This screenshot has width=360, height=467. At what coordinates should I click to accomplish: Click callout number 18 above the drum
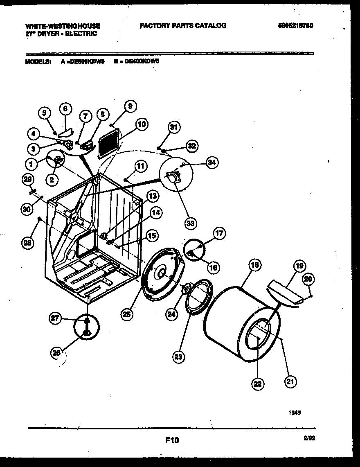(254, 265)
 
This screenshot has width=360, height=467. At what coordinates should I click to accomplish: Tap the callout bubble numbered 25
(127, 314)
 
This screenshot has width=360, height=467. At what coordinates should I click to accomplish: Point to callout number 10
(142, 124)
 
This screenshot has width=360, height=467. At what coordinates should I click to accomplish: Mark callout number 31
(174, 128)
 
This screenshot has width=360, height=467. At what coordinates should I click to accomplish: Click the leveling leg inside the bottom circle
(87, 327)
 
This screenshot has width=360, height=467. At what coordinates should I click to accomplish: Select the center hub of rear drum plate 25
(160, 272)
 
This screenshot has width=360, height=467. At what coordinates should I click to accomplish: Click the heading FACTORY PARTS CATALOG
(182, 25)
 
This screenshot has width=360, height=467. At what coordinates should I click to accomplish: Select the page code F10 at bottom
(172, 440)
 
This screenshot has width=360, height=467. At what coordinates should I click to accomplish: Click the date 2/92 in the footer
(310, 438)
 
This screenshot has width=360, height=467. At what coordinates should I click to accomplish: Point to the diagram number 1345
(295, 413)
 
